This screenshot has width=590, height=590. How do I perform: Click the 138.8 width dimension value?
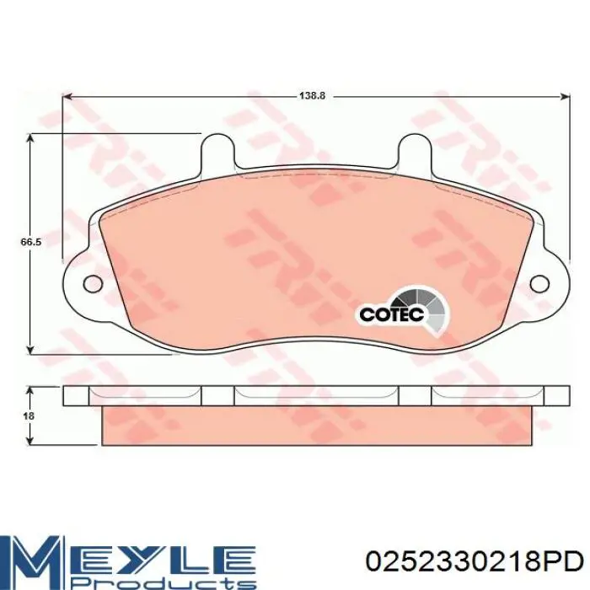point(312,95)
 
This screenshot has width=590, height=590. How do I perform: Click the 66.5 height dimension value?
point(30,243)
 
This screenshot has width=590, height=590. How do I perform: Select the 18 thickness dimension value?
point(29,416)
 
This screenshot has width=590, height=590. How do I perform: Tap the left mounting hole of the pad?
point(93,283)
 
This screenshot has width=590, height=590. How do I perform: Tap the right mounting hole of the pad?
point(539,283)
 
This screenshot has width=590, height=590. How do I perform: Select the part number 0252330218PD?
point(475,563)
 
